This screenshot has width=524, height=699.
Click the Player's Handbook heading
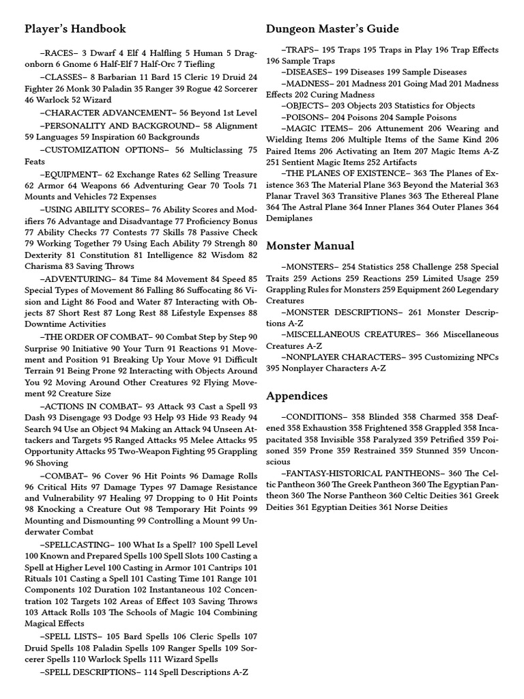[x=75, y=29]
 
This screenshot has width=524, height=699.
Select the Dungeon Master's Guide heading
[x=332, y=29]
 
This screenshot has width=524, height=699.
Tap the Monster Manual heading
[x=310, y=246]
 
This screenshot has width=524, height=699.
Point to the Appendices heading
[x=297, y=396]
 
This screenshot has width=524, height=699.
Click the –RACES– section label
[x=59, y=53]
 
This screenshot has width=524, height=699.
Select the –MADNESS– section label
[x=308, y=83]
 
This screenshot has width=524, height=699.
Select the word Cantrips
[x=222, y=568]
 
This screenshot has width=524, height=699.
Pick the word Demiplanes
[x=289, y=218]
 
